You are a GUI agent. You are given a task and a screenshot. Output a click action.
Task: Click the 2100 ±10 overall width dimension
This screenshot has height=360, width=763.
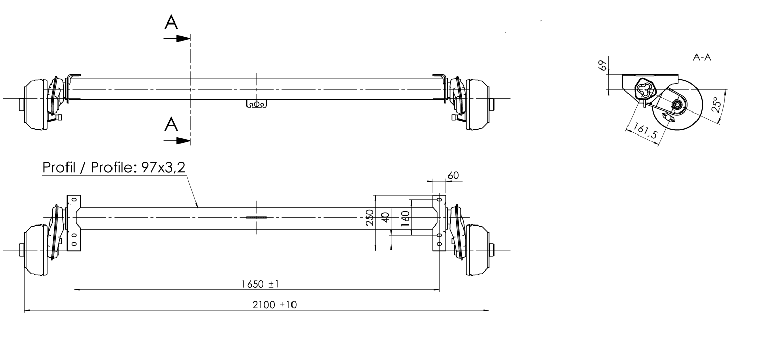(x=275, y=305)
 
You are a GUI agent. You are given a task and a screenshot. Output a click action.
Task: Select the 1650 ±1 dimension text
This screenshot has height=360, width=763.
(x=260, y=284)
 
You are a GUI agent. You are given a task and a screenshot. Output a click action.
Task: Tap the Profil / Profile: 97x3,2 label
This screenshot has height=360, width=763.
(x=114, y=168)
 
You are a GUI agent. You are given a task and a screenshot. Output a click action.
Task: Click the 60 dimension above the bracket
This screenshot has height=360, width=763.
(x=453, y=175)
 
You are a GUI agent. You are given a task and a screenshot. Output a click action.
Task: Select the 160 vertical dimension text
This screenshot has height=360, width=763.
(x=405, y=218)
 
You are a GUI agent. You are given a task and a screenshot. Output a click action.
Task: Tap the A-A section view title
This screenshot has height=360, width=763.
(x=702, y=58)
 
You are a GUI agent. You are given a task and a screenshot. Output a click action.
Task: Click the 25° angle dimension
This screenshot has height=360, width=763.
(x=716, y=105)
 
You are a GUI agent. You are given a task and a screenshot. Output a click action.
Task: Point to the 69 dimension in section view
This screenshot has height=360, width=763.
(x=603, y=65)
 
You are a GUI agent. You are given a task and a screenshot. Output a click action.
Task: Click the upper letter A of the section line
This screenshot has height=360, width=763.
(x=172, y=22)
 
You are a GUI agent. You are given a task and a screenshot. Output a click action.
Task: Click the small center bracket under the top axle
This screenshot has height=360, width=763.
(x=256, y=104)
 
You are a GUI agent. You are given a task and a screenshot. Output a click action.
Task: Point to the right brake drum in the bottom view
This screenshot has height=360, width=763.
(x=477, y=250)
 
